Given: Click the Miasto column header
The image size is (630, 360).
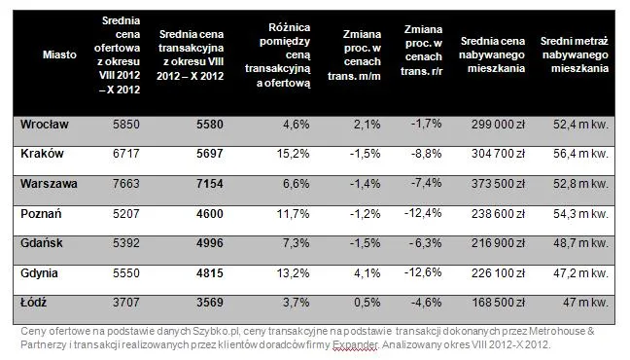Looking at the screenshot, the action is (59, 54).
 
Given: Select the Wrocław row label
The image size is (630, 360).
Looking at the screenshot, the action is (44, 125).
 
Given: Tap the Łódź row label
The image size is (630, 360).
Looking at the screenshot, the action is (33, 302).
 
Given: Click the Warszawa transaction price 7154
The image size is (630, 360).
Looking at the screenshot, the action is (210, 184).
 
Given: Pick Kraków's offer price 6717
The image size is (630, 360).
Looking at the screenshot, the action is (126, 154).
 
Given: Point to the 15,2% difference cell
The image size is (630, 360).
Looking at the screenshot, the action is (293, 154).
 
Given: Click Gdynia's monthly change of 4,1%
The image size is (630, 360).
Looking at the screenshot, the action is (367, 273).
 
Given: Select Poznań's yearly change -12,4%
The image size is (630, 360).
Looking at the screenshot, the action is (423, 213).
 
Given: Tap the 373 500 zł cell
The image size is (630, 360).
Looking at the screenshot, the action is (498, 184).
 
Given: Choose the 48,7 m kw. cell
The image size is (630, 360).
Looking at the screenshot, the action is (580, 243).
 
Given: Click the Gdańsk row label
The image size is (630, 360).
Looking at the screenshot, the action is (42, 243).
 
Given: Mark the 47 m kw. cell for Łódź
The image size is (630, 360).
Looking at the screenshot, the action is (585, 302).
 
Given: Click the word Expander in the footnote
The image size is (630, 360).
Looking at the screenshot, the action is (355, 344).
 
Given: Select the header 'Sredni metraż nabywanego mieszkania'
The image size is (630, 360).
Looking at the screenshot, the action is (575, 54).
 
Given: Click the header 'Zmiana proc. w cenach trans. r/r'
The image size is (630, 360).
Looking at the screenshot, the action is (422, 51).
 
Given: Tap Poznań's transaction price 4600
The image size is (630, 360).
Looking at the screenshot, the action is (210, 214).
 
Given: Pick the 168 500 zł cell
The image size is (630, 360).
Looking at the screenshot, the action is (498, 302).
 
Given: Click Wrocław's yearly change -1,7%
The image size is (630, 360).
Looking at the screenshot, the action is (426, 124).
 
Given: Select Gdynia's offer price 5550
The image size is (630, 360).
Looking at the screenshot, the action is (126, 273).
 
